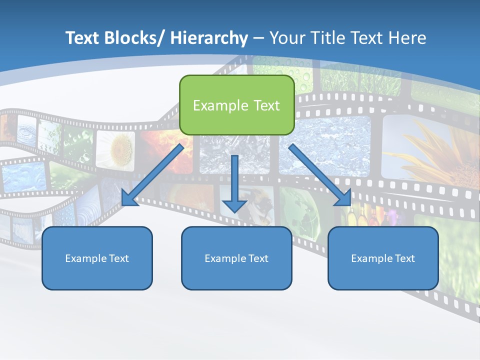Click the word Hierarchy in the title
tap(209, 38)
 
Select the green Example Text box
tap(236, 105)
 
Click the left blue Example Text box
tap(97, 258)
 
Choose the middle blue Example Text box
tap(236, 258)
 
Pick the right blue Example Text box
tap(383, 258)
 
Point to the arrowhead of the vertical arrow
tap(234, 205)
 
